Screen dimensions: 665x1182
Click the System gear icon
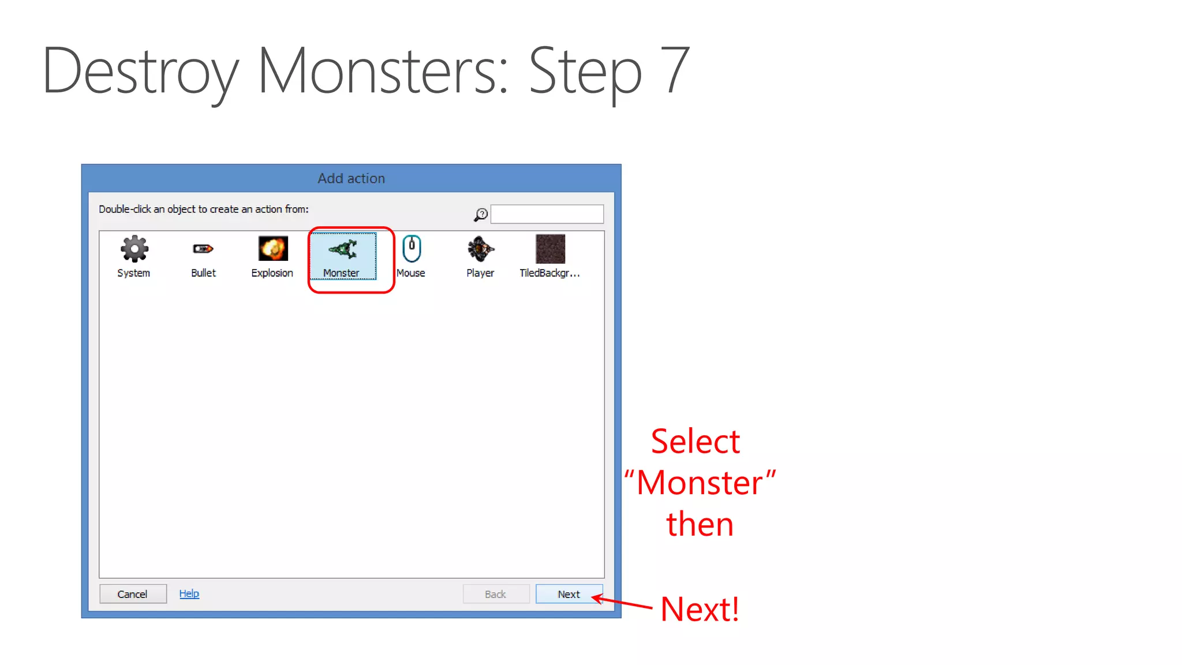pyautogui.click(x=134, y=249)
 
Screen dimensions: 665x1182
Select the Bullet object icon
pyautogui.click(x=203, y=249)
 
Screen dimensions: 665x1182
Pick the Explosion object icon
pyautogui.click(x=272, y=249)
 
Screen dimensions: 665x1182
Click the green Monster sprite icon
pyautogui.click(x=343, y=249)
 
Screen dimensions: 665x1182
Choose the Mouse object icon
pyautogui.click(x=411, y=249)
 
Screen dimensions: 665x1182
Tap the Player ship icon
pyautogui.click(x=480, y=249)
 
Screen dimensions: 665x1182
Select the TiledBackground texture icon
pyautogui.click(x=550, y=249)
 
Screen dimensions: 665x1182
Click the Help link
pyautogui.click(x=189, y=593)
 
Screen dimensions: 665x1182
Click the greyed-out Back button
pyautogui.click(x=496, y=594)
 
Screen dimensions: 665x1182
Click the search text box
pyautogui.click(x=547, y=214)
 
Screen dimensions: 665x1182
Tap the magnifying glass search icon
pyautogui.click(x=480, y=215)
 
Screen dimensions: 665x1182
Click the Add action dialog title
pyautogui.click(x=351, y=178)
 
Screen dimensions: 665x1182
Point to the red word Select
pyautogui.click(x=695, y=442)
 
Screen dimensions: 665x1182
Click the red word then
pyautogui.click(x=700, y=524)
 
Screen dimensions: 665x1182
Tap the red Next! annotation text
pyautogui.click(x=700, y=609)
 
